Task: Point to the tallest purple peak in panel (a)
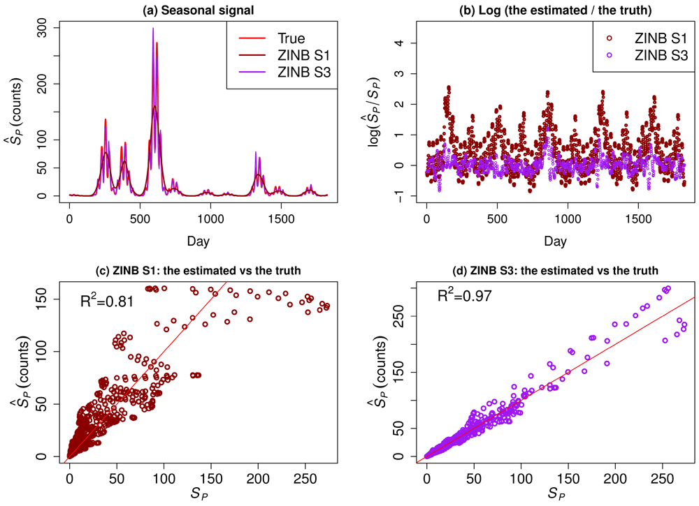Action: [153, 29]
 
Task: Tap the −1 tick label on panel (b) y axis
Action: [403, 196]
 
